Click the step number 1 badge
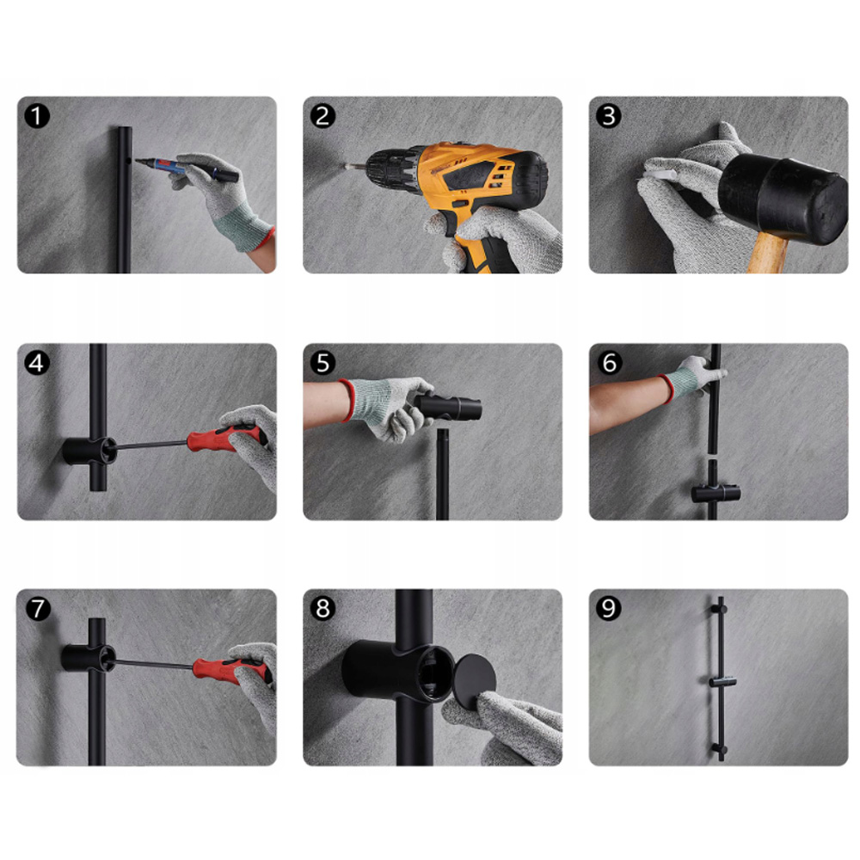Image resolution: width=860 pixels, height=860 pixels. click(x=37, y=116)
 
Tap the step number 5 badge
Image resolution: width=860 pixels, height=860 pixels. click(x=322, y=363)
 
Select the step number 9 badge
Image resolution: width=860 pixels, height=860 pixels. click(x=608, y=608)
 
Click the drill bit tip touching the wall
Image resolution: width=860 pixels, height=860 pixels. click(x=347, y=164)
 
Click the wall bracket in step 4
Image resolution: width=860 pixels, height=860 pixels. click(x=89, y=451)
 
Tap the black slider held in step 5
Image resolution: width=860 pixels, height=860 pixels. click(x=447, y=407)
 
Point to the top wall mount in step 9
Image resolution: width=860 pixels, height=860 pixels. click(x=720, y=609)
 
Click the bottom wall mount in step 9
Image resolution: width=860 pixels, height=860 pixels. click(x=720, y=749)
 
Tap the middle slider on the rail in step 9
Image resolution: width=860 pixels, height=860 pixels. click(x=722, y=682)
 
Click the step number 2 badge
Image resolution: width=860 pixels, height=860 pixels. click(x=322, y=116)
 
